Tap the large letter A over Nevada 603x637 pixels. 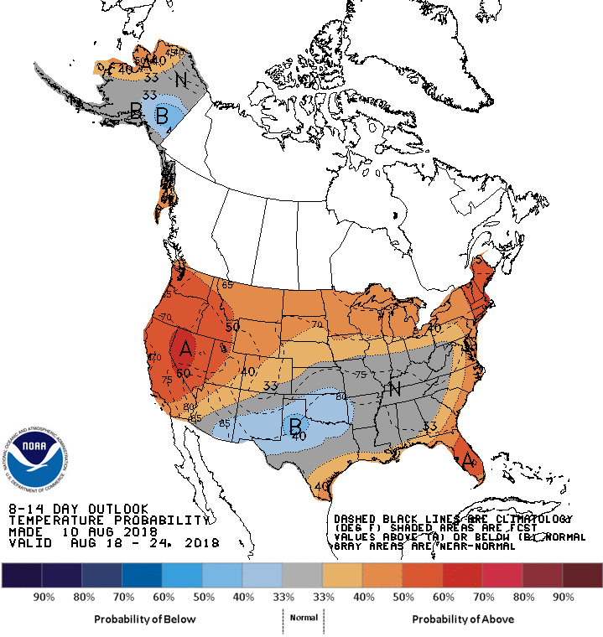185,345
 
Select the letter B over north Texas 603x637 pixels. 295,427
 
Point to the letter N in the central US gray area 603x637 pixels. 393,390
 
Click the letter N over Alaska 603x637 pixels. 181,80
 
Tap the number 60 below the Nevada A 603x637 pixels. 184,371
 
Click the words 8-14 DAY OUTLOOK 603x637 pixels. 79,509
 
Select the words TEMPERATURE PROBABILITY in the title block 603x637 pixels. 107,520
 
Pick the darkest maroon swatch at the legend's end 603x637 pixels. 582,575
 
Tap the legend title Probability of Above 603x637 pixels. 463,619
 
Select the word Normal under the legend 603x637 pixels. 303,617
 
